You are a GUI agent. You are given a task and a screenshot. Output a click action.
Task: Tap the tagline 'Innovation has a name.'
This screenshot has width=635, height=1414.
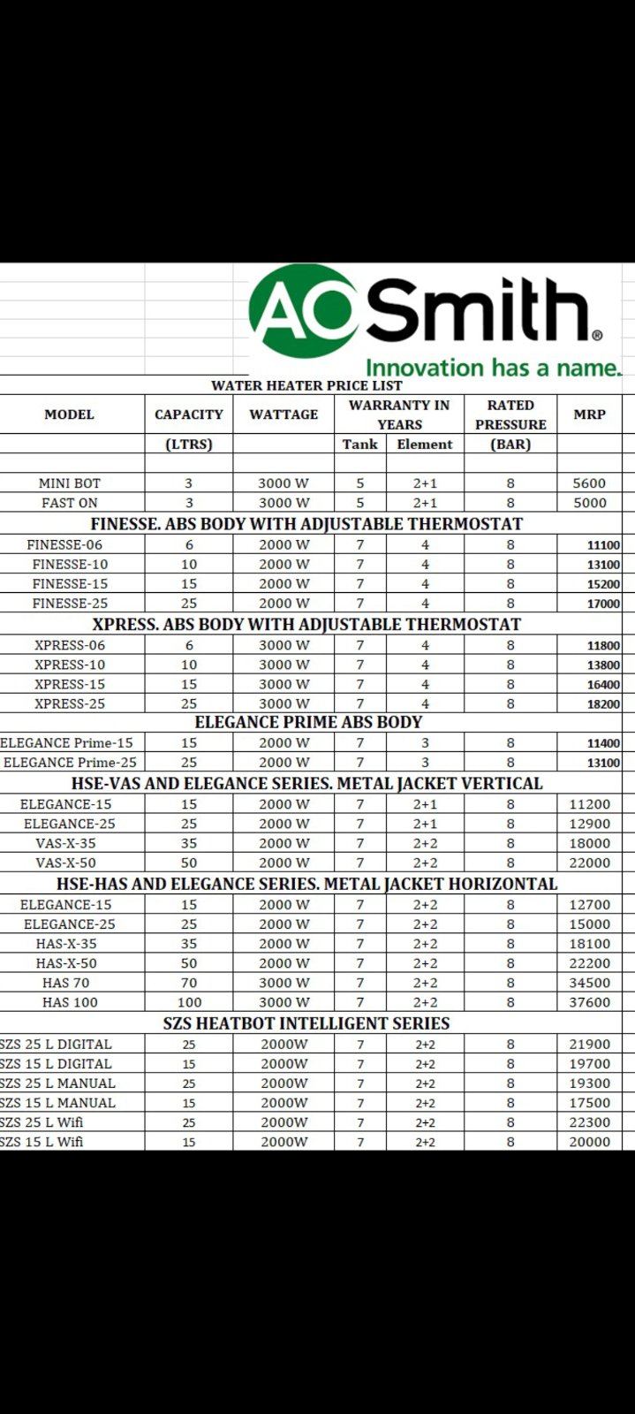[x=493, y=368]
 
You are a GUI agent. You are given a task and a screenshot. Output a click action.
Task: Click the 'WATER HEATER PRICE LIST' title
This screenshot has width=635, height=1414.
[x=306, y=385]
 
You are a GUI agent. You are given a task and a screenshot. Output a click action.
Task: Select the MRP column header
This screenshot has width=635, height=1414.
[x=589, y=414]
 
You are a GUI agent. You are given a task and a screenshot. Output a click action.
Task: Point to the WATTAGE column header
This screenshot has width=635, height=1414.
[x=283, y=414]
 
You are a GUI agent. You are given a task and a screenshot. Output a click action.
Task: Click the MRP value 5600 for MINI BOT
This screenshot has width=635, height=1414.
[x=589, y=483]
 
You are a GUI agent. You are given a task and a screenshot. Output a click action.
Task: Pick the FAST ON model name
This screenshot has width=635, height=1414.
[x=70, y=503]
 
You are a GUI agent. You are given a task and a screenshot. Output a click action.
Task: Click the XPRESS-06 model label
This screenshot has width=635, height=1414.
[x=70, y=645]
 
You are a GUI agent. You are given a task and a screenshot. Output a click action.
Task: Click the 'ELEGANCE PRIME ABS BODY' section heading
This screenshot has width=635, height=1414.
[x=308, y=722]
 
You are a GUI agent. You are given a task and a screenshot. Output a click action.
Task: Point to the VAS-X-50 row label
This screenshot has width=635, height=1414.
[x=66, y=863]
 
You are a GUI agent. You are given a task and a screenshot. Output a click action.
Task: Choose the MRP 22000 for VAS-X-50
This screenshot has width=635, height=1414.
[x=589, y=863]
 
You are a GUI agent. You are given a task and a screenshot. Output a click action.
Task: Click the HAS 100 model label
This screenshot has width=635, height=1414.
[x=70, y=1002]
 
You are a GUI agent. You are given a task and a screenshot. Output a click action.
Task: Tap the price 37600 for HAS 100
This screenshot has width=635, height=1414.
[x=589, y=1002]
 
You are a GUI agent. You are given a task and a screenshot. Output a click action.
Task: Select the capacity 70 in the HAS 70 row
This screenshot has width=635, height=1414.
[x=189, y=983]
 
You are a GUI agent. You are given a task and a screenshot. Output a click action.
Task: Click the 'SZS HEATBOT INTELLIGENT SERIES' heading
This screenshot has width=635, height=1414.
[x=306, y=1023]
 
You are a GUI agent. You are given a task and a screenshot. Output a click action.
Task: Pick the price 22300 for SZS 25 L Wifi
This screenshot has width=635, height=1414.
[x=589, y=1122]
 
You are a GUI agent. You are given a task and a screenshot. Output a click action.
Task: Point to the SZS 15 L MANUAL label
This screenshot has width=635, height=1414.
[x=57, y=1103]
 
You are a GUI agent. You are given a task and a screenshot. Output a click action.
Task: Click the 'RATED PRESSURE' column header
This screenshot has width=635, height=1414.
[x=510, y=414]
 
